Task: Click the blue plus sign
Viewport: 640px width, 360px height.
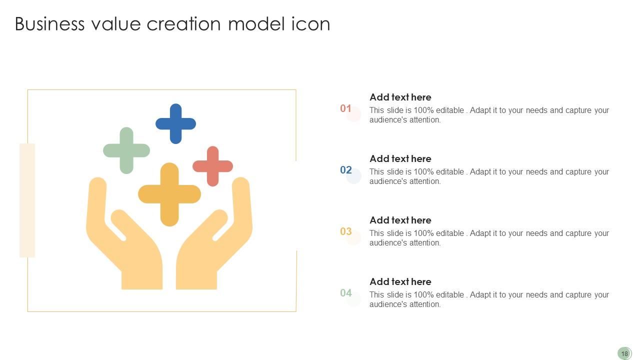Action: [175, 123]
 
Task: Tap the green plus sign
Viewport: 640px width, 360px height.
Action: [126, 150]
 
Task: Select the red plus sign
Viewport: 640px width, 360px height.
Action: [212, 166]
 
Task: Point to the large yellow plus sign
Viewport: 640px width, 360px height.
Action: [169, 194]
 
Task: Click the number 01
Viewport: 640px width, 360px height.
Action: [346, 108]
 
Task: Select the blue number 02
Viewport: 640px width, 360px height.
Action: [346, 170]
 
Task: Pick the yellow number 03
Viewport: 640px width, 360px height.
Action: [346, 231]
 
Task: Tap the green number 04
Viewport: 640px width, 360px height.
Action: [346, 293]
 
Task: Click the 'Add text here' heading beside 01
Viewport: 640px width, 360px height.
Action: [400, 97]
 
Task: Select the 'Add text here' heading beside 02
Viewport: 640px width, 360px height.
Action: [400, 159]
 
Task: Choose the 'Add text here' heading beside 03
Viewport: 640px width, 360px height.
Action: [400, 220]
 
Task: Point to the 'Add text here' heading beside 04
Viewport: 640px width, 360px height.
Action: [400, 282]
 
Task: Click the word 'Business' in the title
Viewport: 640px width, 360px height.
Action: [49, 24]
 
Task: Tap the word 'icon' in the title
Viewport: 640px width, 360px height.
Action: [310, 24]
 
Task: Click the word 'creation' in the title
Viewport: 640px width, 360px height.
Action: [183, 24]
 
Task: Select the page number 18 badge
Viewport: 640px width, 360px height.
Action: [624, 353]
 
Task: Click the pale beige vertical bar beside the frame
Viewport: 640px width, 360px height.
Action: [27, 200]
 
